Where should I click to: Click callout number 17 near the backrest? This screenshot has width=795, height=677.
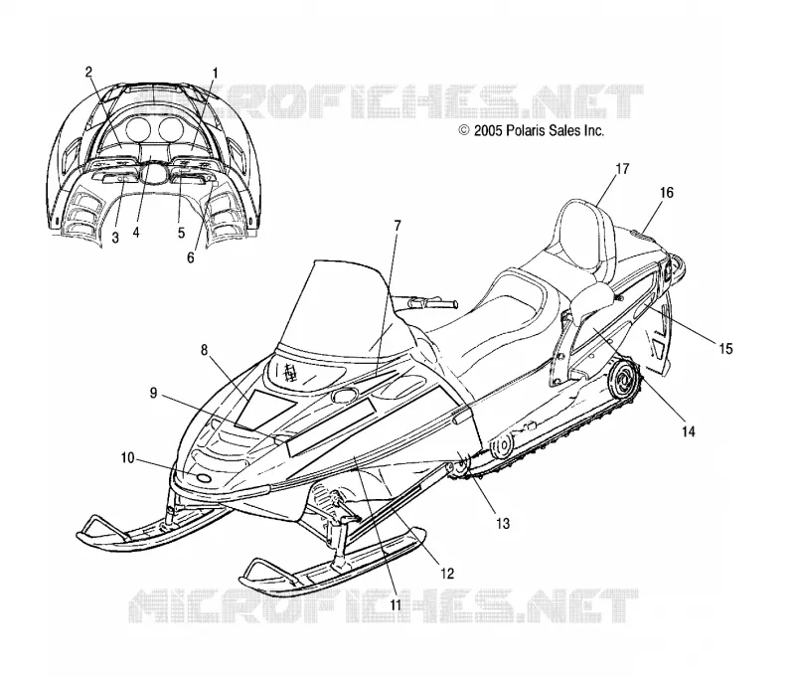click(x=622, y=168)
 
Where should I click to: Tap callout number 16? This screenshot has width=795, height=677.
click(x=667, y=193)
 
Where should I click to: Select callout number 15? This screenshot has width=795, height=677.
click(x=725, y=348)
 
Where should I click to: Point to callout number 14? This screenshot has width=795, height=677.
click(x=688, y=431)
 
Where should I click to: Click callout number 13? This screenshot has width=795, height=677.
click(x=503, y=523)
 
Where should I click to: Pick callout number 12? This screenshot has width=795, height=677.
click(x=446, y=574)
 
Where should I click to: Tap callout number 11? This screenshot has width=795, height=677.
click(x=396, y=604)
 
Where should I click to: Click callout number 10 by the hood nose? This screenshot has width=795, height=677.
click(x=128, y=458)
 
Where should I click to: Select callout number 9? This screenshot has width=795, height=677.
click(x=153, y=393)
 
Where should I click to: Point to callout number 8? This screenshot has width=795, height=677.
click(x=205, y=349)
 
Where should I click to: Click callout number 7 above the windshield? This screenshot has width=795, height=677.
click(x=397, y=226)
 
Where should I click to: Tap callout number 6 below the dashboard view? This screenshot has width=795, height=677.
click(x=191, y=257)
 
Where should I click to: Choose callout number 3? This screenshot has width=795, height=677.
click(x=115, y=237)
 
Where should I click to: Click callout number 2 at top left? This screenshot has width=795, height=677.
click(x=88, y=72)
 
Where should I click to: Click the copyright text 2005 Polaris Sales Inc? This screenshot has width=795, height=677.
click(x=532, y=131)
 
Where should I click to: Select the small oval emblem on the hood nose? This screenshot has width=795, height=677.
click(x=204, y=478)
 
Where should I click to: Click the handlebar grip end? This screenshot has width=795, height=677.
click(x=452, y=304)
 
